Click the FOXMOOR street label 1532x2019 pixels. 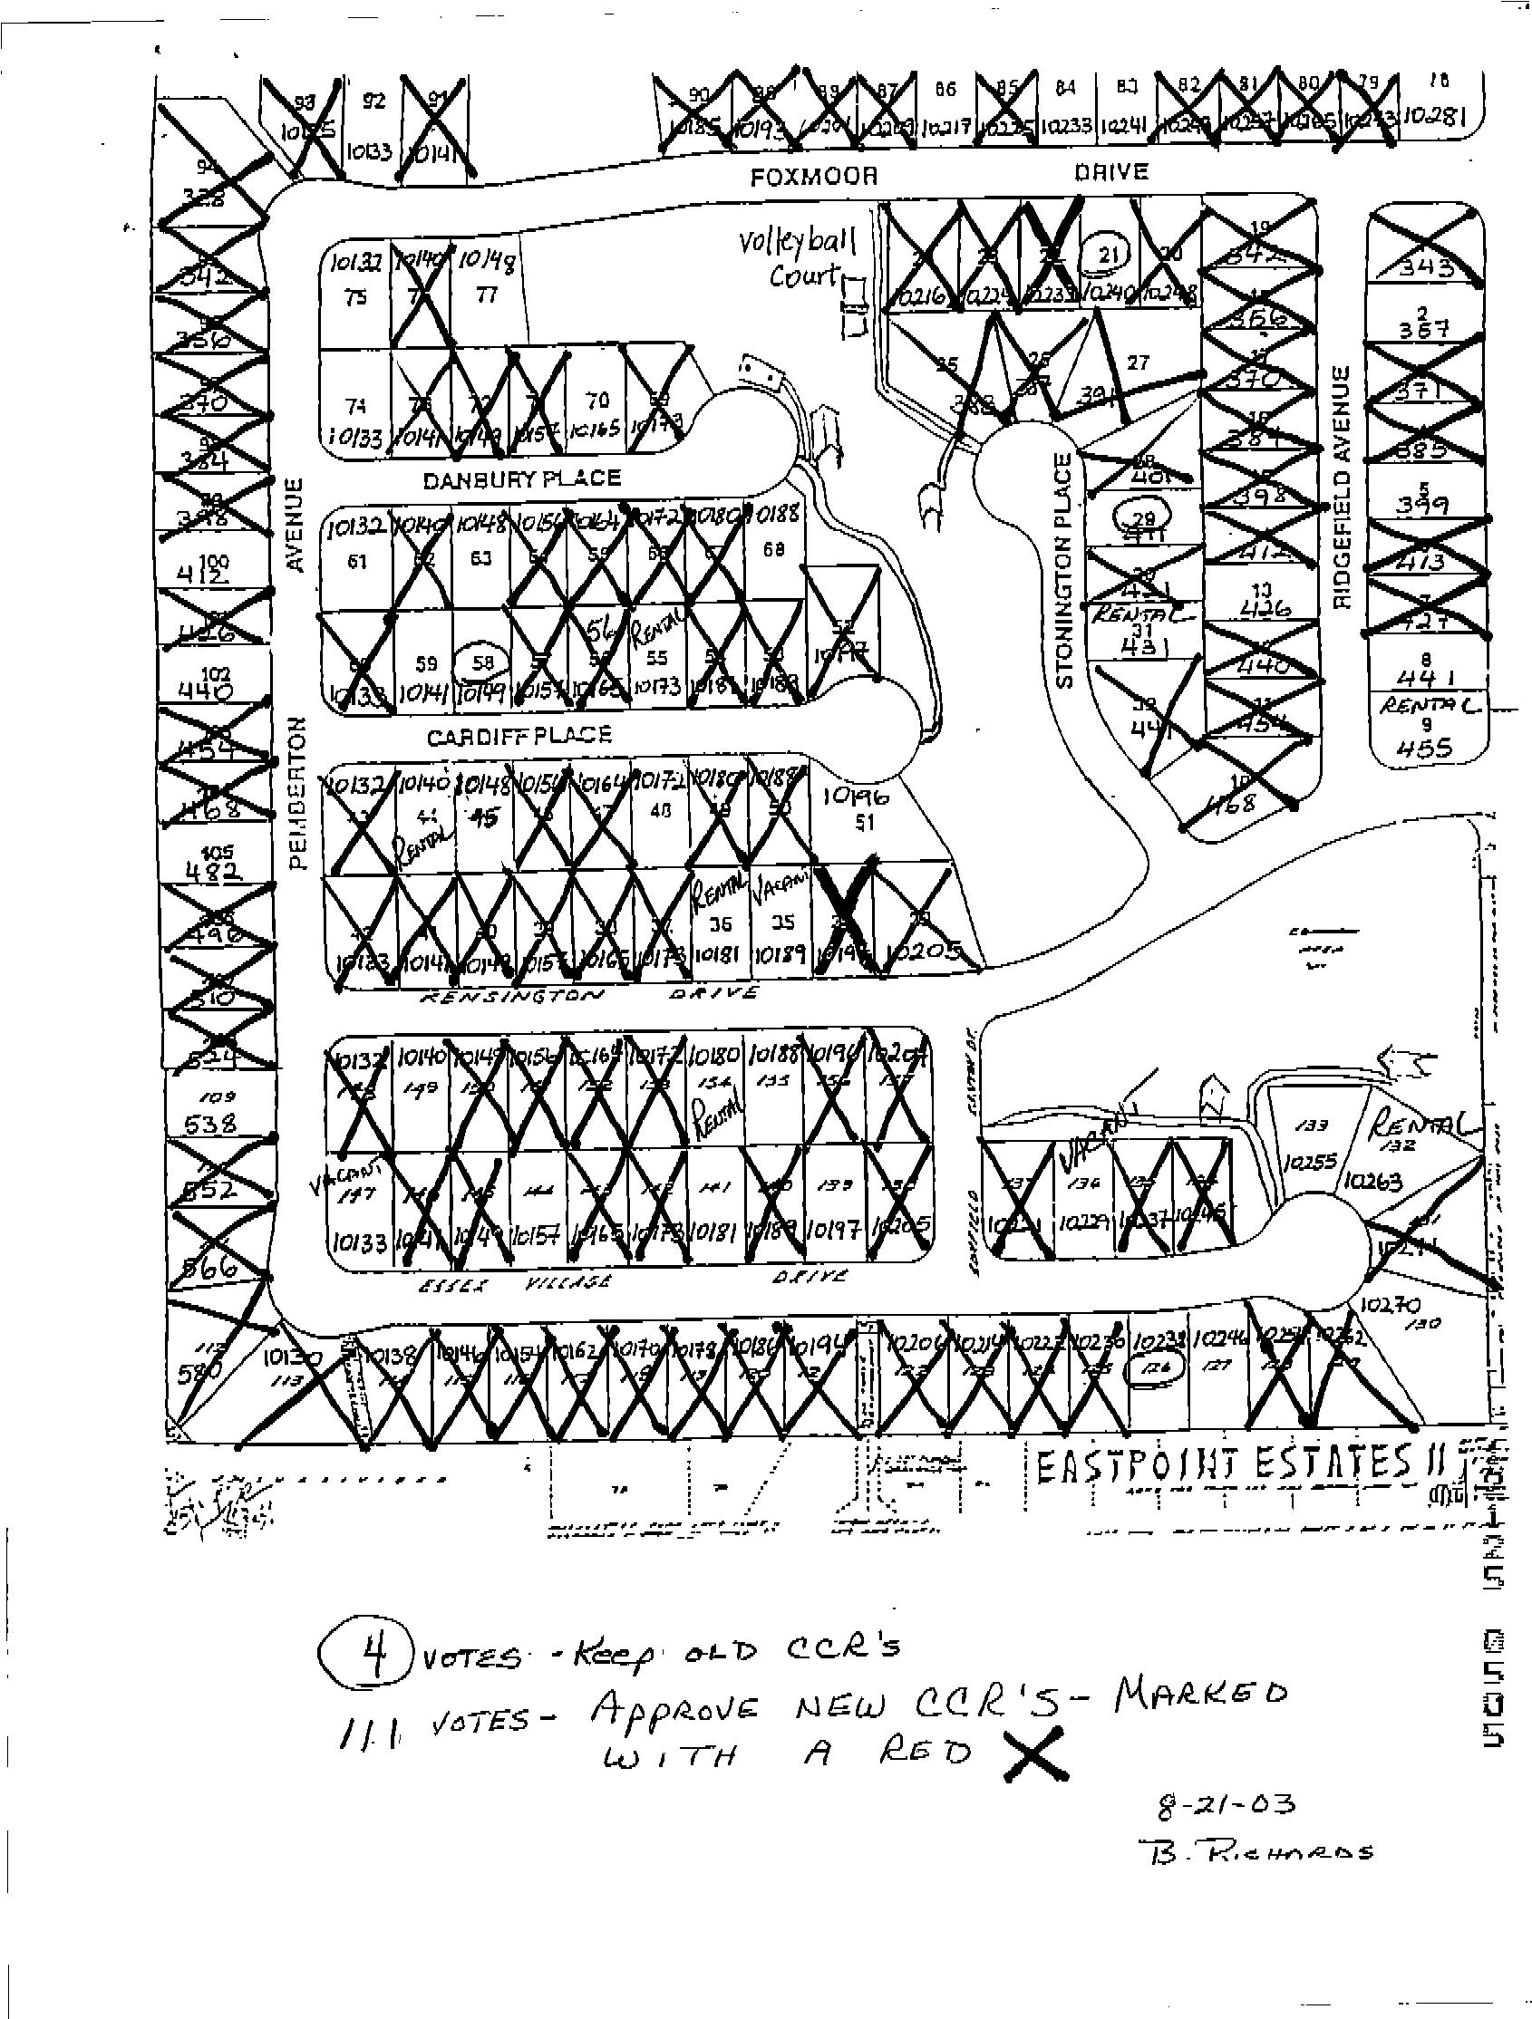[x=813, y=176]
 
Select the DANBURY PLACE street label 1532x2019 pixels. [x=522, y=478]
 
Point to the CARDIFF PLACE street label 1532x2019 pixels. [x=519, y=735]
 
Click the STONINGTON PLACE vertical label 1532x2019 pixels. [x=1064, y=572]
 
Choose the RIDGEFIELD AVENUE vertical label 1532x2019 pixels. [x=1340, y=487]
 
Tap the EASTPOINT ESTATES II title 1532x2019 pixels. [x=1237, y=1466]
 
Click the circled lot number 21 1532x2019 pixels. [x=1108, y=255]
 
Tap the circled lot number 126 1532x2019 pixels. [x=1154, y=1392]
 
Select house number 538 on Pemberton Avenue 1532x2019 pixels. [x=211, y=1125]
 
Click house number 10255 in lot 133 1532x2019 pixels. [x=1308, y=1162]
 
